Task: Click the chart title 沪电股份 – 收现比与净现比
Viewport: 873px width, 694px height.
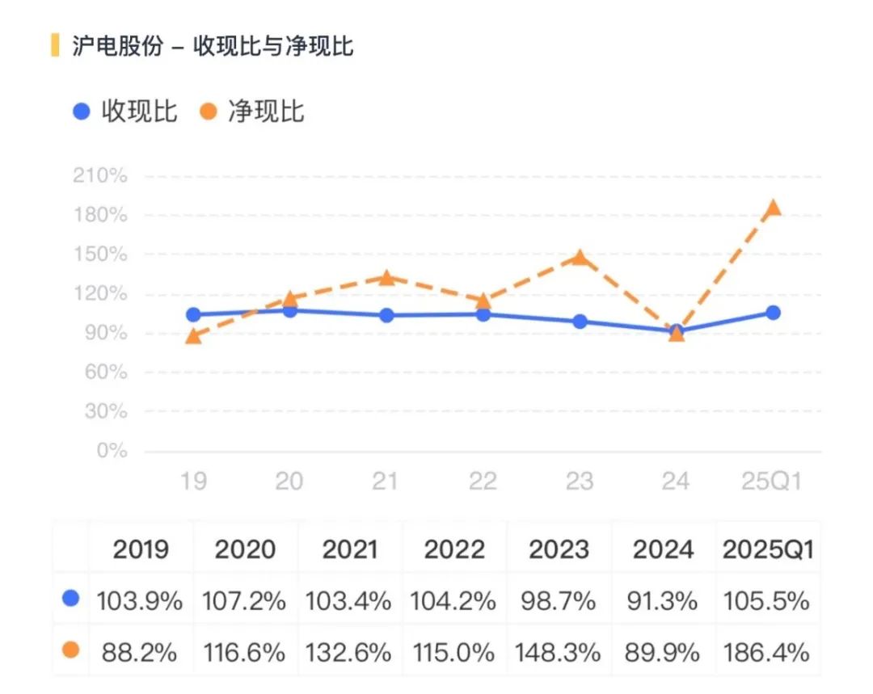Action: [212, 46]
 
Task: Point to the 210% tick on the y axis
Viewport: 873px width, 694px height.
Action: [100, 176]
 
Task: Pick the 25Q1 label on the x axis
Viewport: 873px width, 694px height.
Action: [771, 482]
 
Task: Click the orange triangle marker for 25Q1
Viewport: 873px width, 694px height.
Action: [773, 208]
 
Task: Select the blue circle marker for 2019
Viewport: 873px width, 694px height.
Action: [193, 314]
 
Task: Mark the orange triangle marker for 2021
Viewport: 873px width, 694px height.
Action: [386, 278]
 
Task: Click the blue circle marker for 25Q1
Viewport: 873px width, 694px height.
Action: [773, 313]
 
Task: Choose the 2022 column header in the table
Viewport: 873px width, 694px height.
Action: [454, 550]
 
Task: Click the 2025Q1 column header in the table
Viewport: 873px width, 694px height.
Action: [768, 550]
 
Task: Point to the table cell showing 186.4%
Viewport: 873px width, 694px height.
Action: [768, 651]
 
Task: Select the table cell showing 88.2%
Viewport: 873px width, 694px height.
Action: [140, 651]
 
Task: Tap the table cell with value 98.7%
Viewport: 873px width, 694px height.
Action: [559, 601]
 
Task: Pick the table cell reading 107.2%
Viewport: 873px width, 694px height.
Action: [245, 601]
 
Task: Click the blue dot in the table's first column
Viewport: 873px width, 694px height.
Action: [71, 599]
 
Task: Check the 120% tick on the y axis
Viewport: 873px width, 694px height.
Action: [100, 294]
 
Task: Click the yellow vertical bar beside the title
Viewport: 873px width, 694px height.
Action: [55, 46]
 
